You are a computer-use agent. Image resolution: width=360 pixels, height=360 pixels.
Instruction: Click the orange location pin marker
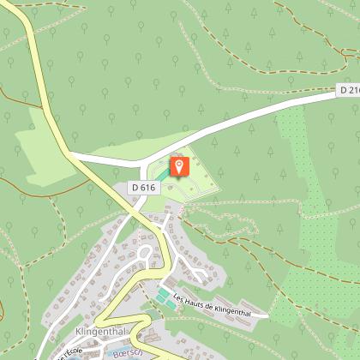(x=179, y=165)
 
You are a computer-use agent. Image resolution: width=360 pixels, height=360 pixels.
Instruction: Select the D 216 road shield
(x=348, y=90)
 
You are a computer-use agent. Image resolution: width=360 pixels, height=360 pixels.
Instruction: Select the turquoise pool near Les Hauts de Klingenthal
(x=162, y=296)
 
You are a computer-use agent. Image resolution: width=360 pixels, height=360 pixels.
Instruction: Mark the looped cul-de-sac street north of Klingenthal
(x=144, y=252)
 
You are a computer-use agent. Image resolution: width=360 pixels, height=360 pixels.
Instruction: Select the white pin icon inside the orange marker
(x=179, y=163)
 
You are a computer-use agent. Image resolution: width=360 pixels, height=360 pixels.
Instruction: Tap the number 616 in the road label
(x=151, y=187)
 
